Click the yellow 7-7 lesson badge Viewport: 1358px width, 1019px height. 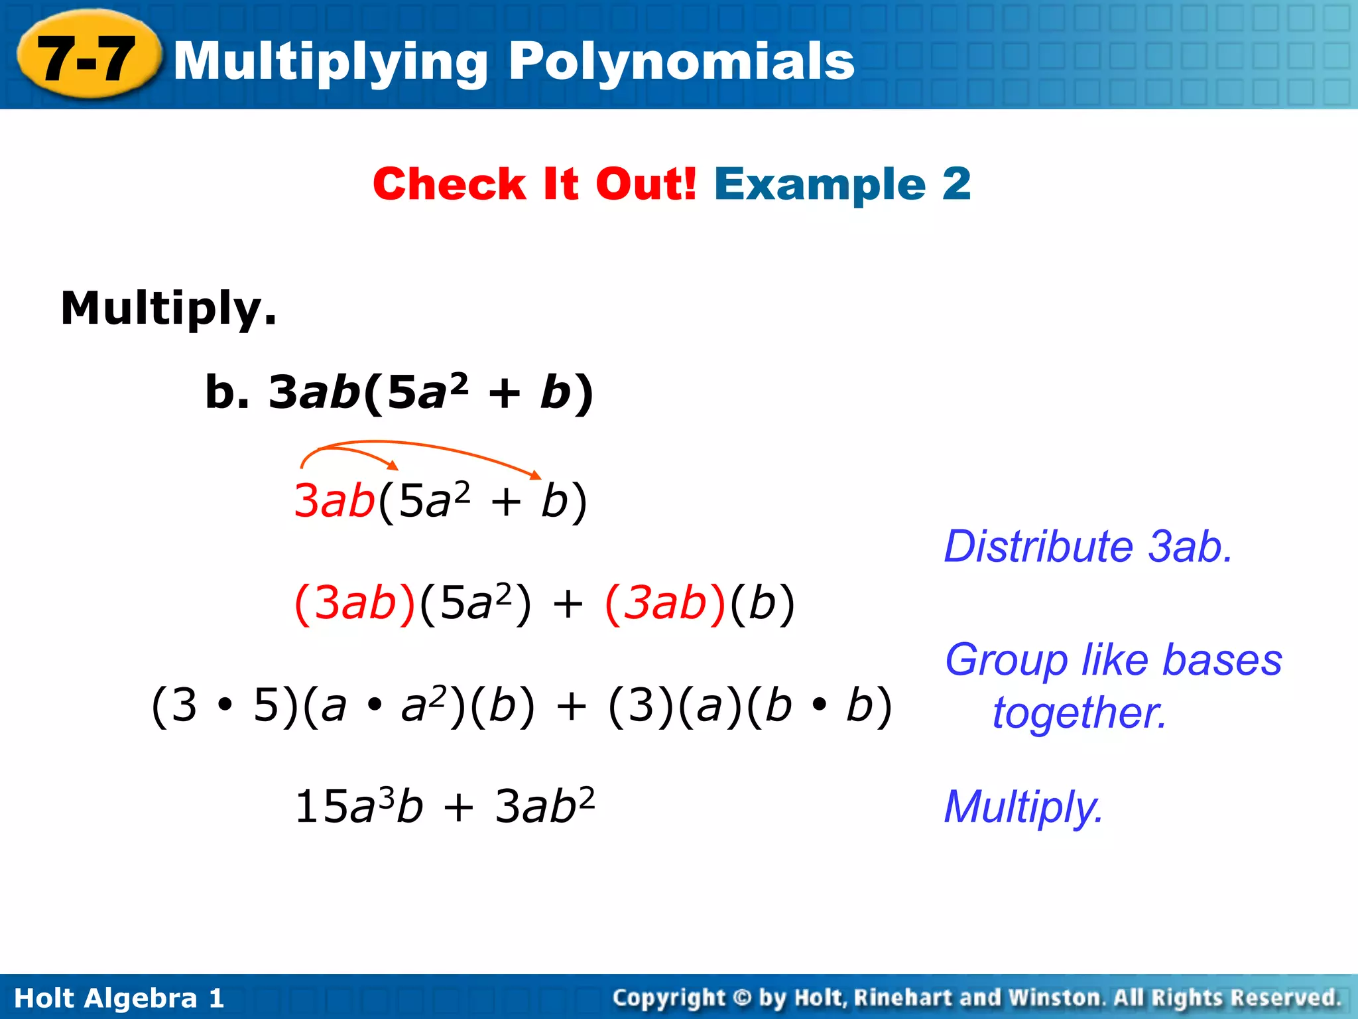pos(88,58)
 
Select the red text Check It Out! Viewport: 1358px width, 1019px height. pos(534,184)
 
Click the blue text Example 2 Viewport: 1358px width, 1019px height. pos(842,184)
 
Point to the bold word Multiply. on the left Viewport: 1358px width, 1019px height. pos(168,309)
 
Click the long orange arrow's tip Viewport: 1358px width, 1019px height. pos(537,475)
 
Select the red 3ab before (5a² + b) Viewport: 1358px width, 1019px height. pos(335,500)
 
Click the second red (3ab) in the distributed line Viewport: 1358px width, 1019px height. pos(665,603)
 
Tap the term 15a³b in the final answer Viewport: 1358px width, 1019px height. pos(359,807)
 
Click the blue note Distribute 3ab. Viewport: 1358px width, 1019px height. pos(1087,547)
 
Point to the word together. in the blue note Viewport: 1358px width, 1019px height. pos(1079,713)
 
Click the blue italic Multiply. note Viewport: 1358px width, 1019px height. pos(1023,807)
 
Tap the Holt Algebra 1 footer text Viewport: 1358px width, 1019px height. pos(119,998)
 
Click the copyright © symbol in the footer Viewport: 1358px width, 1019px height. pos(743,998)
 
